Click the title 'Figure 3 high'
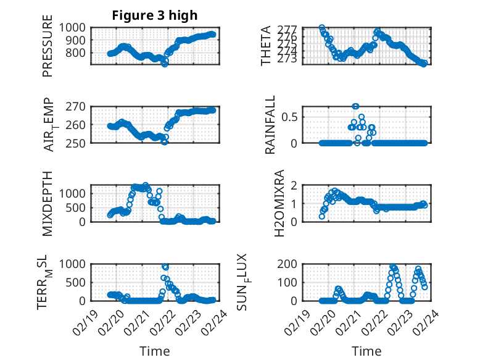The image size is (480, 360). (154, 15)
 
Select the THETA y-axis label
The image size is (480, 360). (266, 46)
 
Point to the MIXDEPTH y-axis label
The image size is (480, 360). (48, 204)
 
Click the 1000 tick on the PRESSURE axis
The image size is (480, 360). (75, 28)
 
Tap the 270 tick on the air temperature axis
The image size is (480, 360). (78, 106)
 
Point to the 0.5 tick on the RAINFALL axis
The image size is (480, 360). (292, 116)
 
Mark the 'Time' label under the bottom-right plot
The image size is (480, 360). (366, 351)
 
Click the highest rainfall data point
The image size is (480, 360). (355, 106)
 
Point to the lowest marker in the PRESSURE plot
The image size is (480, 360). (165, 64)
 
